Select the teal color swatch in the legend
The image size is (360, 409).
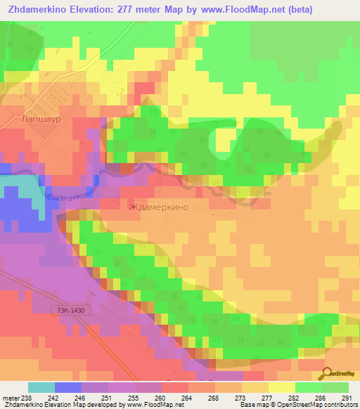coord(41,387)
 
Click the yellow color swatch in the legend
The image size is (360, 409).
coord(282,387)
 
